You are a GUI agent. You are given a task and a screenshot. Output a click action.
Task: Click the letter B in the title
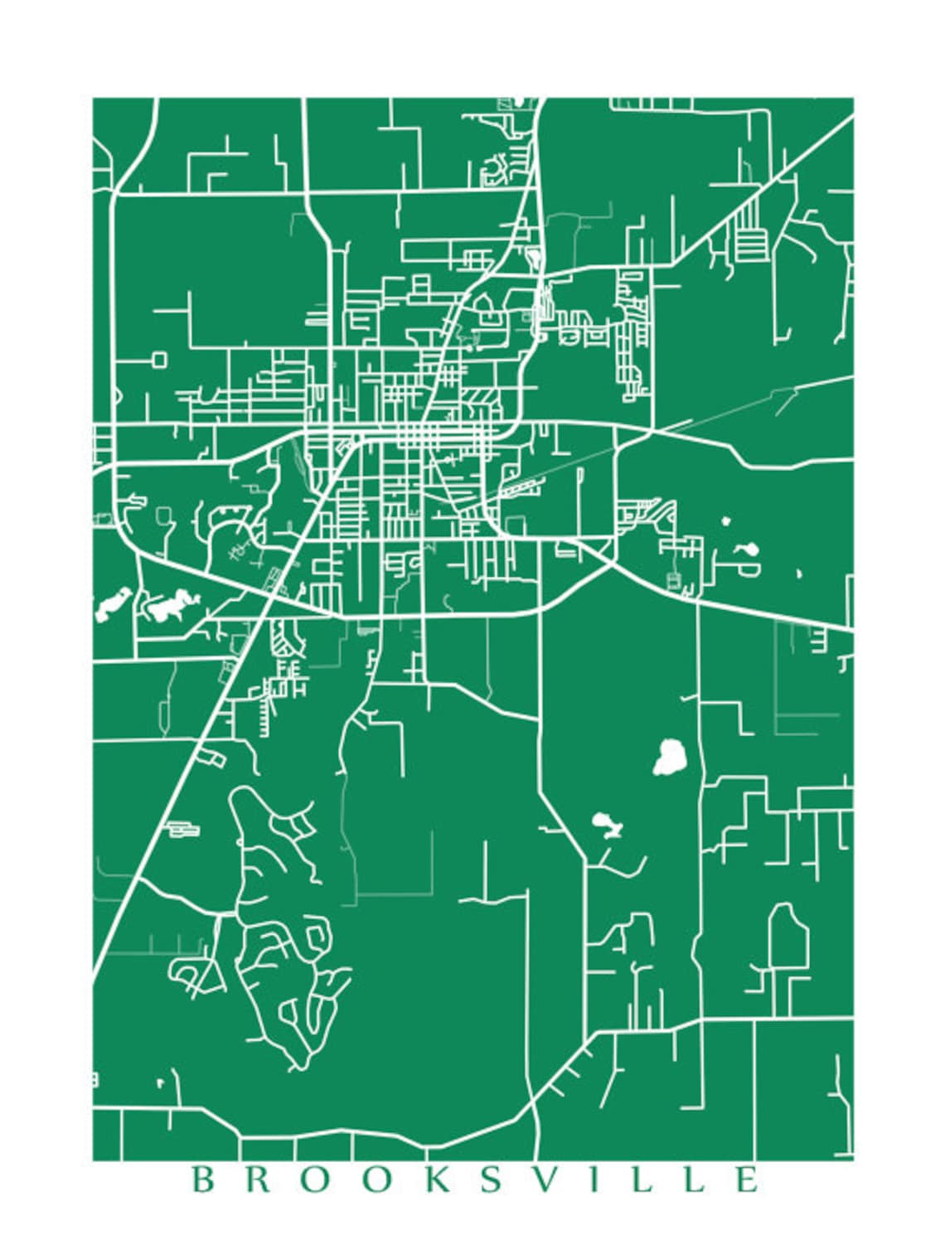point(201,1179)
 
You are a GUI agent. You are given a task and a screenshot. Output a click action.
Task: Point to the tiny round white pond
point(726,521)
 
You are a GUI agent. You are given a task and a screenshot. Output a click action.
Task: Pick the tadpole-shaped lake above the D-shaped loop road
point(745,550)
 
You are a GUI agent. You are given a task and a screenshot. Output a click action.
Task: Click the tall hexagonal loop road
point(788,937)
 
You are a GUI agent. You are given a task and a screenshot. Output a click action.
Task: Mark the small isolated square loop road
point(159,359)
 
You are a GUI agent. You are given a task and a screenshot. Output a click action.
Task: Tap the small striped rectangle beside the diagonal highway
point(184,828)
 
